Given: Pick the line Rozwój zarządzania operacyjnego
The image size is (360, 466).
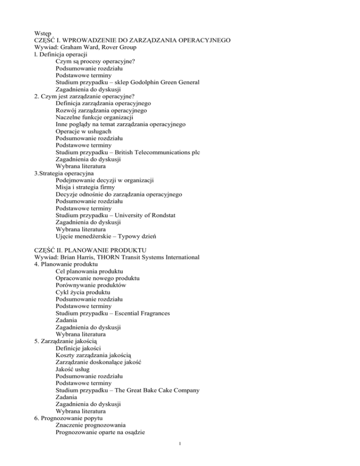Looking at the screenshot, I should [100, 111].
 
